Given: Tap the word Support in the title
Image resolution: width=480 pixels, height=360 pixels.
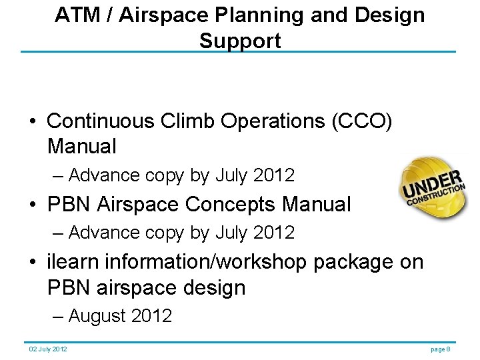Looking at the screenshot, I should point(240,40).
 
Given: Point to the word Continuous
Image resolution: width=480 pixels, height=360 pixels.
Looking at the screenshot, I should point(100,121).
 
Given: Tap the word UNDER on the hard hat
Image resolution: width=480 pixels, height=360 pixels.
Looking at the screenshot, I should point(432,185).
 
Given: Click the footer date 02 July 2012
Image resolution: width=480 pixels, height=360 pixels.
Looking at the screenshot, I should point(47,349).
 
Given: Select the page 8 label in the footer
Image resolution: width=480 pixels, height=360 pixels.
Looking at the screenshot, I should point(441,349).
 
